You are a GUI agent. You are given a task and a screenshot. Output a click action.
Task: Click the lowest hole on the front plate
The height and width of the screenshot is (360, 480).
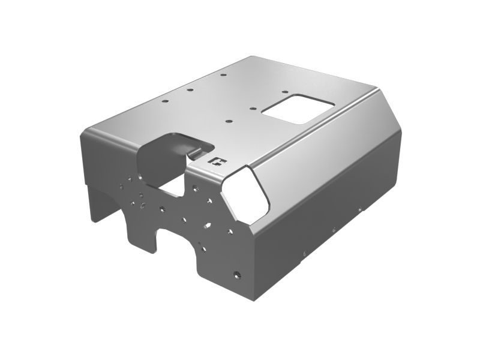coord(238,274)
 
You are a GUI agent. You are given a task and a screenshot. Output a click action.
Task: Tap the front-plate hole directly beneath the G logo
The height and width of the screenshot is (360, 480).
coord(196,187)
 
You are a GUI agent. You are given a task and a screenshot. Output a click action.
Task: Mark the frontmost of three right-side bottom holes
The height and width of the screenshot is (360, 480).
coord(305,251)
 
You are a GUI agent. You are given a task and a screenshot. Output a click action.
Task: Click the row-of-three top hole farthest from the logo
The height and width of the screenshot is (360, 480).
coord(222,76)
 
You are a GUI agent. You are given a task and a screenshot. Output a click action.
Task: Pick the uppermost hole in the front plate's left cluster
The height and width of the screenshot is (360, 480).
coord(130,177)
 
